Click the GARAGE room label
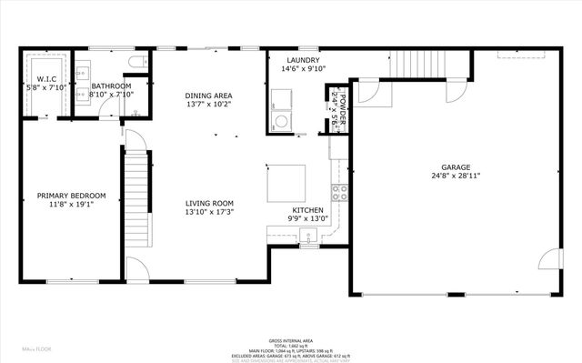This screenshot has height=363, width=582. click(x=456, y=167)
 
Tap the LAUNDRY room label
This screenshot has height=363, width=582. click(x=300, y=60)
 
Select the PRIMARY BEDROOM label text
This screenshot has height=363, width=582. click(x=71, y=196)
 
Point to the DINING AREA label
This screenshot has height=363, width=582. click(x=208, y=96)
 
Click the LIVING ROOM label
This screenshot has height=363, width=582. click(x=210, y=203)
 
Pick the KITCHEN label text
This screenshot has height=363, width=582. click(x=307, y=209)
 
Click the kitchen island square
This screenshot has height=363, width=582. click(x=286, y=184)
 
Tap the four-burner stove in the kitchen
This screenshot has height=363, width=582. click(x=339, y=192)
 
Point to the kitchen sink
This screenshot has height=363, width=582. click(x=309, y=238)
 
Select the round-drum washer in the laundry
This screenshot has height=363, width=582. click(x=281, y=120)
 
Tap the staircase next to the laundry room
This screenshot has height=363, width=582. click(x=424, y=65)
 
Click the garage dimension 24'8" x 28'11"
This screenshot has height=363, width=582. click(x=456, y=177)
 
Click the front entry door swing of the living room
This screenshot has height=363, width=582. click(x=136, y=269)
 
